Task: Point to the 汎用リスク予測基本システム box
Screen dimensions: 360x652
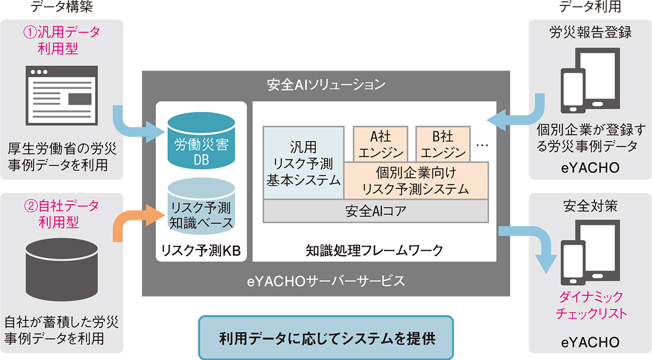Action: (x=303, y=163)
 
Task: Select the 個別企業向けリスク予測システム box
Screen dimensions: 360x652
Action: (x=416, y=181)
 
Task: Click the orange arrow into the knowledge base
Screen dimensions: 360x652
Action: (x=130, y=220)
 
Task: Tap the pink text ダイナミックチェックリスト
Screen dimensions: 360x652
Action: (x=590, y=305)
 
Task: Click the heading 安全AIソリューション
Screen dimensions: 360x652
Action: (x=326, y=85)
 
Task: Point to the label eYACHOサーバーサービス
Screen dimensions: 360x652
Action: (x=325, y=281)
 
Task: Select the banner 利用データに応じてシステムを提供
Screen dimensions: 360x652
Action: (x=326, y=337)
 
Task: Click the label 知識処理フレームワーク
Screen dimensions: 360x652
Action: (x=374, y=251)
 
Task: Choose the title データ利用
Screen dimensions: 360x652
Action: (x=590, y=7)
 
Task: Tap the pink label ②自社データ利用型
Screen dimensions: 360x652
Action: (x=62, y=214)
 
